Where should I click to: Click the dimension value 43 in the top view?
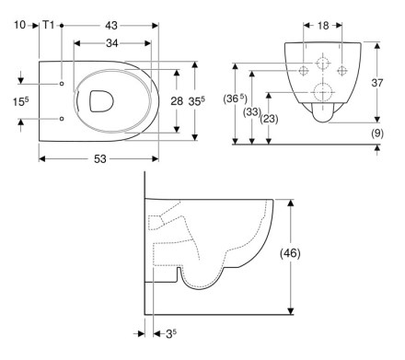111,26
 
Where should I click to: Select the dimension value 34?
112,43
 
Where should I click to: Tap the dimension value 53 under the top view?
99,158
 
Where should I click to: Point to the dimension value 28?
177,101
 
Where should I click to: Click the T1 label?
48,25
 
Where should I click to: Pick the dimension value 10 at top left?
20,25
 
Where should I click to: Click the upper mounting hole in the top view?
62,84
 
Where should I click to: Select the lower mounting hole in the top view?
62,119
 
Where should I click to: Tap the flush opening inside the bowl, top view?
101,100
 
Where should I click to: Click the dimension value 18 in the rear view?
323,26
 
